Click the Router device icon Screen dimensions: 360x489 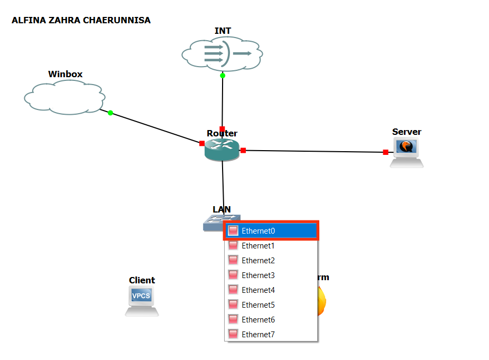point(222,150)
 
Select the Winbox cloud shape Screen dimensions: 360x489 point(64,97)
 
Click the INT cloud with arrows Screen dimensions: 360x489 point(222,53)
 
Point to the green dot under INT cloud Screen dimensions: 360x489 point(223,76)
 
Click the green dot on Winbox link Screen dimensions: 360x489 point(110,113)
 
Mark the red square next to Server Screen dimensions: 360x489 point(385,152)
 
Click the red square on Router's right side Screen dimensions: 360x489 point(243,151)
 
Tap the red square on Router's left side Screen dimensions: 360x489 point(202,143)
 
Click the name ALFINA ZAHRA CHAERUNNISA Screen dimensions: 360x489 point(81,21)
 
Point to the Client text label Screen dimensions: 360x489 point(142,280)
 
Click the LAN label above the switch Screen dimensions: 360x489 point(222,209)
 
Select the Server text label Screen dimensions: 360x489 point(407,132)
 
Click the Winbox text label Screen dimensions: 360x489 point(66,74)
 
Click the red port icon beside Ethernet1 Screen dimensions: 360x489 point(233,246)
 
